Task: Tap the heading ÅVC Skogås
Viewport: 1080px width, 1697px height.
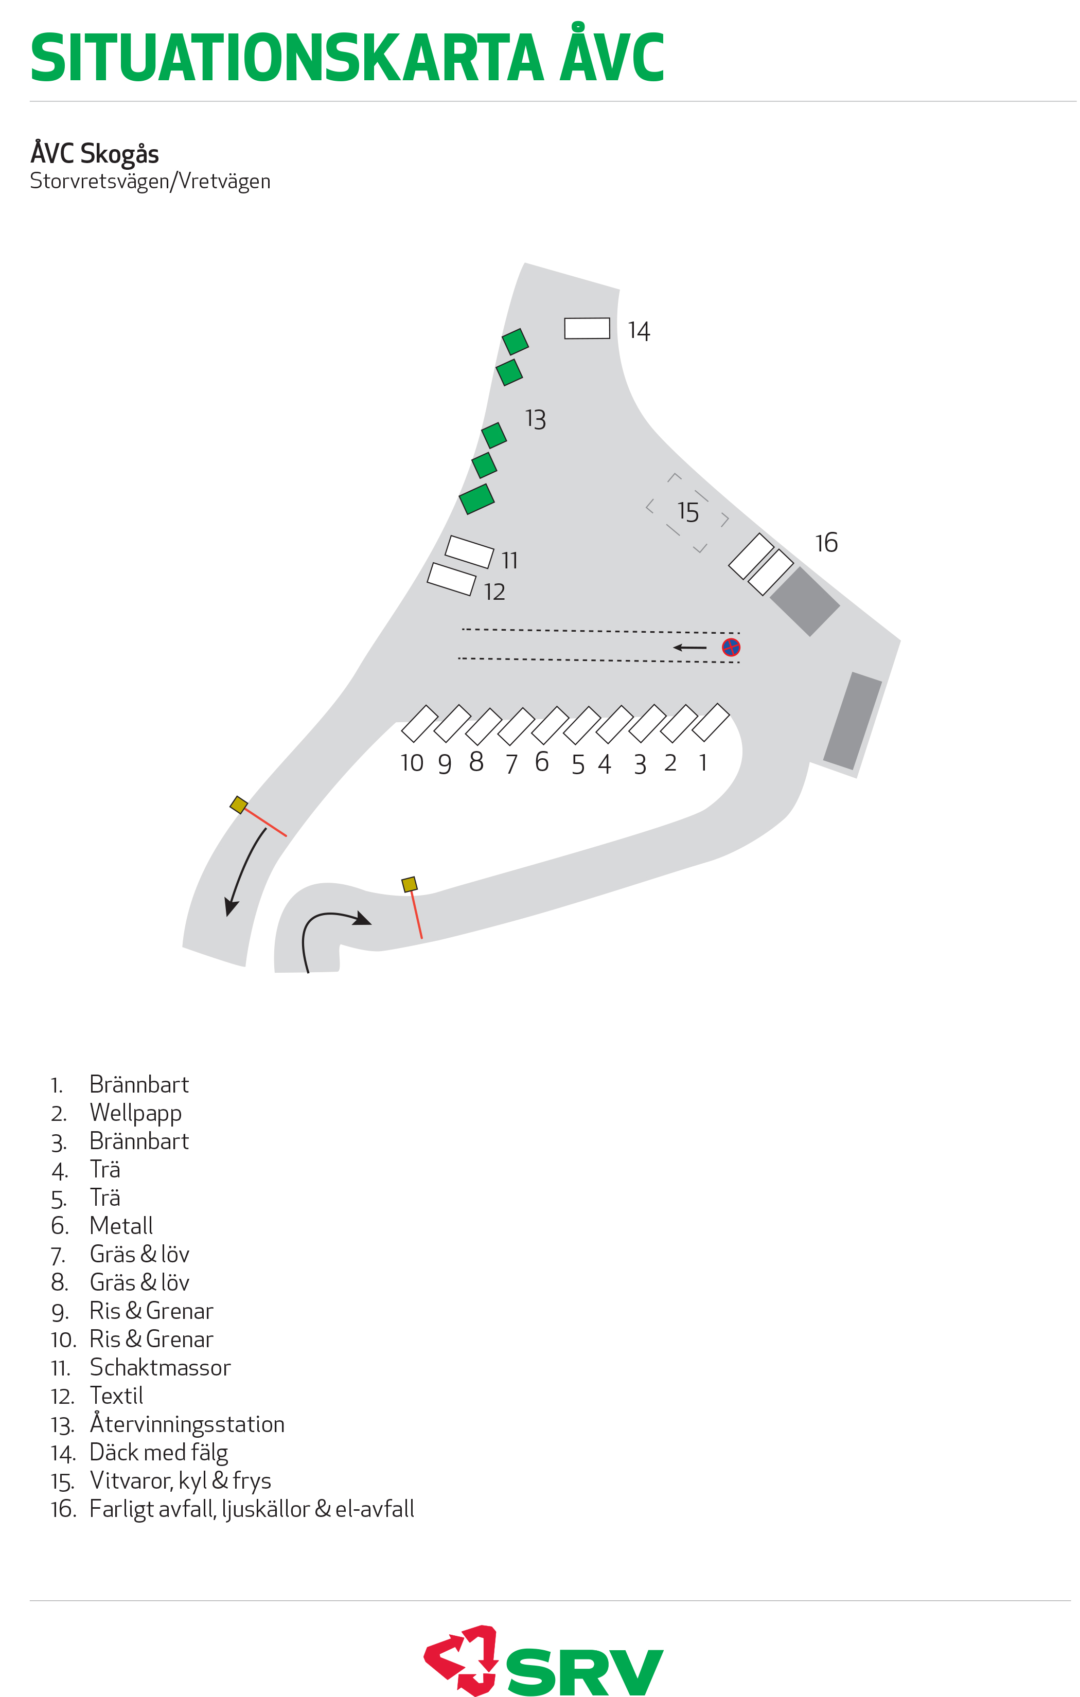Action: [x=95, y=153]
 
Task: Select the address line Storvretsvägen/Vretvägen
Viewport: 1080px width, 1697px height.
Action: [x=150, y=181]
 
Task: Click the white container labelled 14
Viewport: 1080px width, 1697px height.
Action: [x=587, y=328]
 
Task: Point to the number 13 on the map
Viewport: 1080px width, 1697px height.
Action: [x=536, y=419]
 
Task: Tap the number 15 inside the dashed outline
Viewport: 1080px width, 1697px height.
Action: [x=688, y=512]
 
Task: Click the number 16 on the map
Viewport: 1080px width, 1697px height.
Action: [x=826, y=543]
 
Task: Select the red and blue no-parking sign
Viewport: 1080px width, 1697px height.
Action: [x=731, y=647]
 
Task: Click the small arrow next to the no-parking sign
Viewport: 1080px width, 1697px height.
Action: [x=689, y=647]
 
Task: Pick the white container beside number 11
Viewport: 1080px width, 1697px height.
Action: [x=469, y=552]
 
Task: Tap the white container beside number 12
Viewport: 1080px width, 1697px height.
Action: [x=451, y=579]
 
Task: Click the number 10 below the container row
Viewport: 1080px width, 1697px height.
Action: [x=412, y=762]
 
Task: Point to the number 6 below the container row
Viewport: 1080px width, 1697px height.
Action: [x=541, y=761]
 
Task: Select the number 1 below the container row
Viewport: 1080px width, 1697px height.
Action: [x=703, y=762]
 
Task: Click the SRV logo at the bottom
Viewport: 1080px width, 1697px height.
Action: [x=543, y=1662]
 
